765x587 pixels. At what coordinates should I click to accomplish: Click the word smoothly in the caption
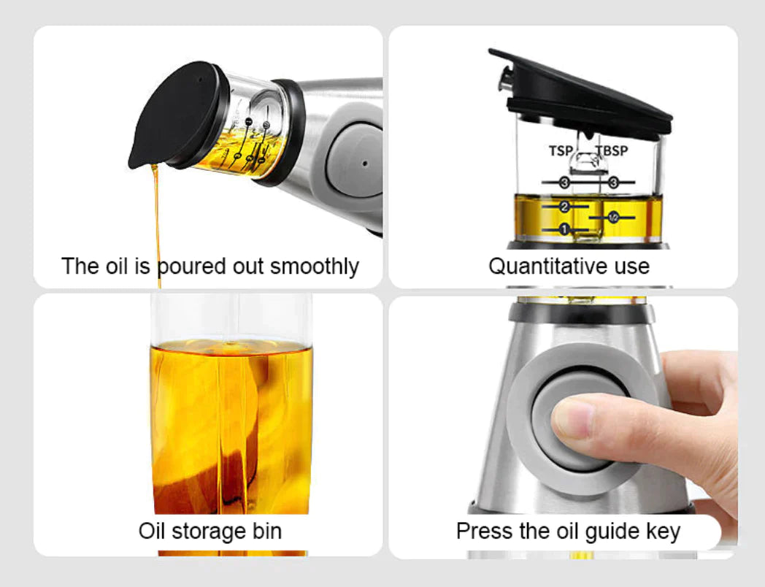(x=315, y=266)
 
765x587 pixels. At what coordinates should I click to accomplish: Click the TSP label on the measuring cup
(x=561, y=151)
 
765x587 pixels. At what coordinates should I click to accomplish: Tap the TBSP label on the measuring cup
(x=612, y=151)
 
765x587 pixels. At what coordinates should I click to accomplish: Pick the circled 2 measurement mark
(x=564, y=207)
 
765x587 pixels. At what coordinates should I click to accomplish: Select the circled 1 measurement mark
(x=564, y=229)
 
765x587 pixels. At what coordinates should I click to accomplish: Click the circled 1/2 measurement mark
(x=613, y=217)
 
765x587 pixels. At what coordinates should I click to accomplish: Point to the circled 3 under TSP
(x=564, y=182)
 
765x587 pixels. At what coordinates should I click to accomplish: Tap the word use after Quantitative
(x=629, y=266)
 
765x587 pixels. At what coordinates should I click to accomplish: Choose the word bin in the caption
(x=265, y=531)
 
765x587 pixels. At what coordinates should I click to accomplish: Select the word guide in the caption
(x=610, y=531)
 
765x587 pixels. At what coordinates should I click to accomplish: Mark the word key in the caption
(x=663, y=531)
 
